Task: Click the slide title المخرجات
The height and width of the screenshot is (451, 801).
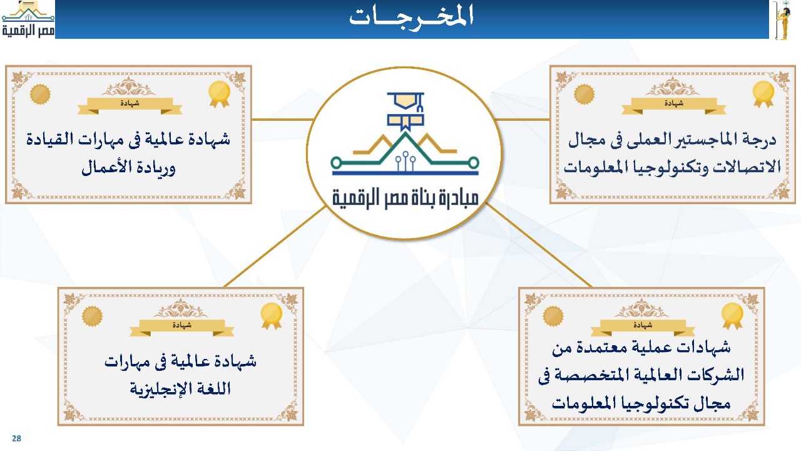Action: click(x=412, y=16)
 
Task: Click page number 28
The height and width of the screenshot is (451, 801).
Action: click(x=16, y=438)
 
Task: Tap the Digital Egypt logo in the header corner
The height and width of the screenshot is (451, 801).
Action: click(x=28, y=19)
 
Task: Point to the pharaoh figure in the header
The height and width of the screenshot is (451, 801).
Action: click(x=782, y=20)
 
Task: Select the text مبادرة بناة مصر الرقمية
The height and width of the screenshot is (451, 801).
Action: click(x=406, y=198)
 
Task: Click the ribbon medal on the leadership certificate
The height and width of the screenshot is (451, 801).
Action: click(x=219, y=94)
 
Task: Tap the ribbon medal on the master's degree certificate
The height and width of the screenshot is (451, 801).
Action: click(x=763, y=94)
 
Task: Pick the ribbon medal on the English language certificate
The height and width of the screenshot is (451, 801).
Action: click(x=272, y=316)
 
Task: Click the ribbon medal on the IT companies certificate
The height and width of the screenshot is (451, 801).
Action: click(x=732, y=316)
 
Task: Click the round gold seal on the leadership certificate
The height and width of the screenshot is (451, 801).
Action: click(x=40, y=95)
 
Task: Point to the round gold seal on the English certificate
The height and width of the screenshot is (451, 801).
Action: click(x=92, y=316)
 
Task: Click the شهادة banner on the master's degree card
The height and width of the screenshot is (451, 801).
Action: click(x=674, y=106)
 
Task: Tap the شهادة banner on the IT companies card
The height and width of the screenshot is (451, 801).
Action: click(x=643, y=328)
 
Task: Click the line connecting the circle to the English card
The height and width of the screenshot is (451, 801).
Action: click(x=275, y=247)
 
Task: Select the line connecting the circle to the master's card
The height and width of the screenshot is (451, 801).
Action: click(x=523, y=119)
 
